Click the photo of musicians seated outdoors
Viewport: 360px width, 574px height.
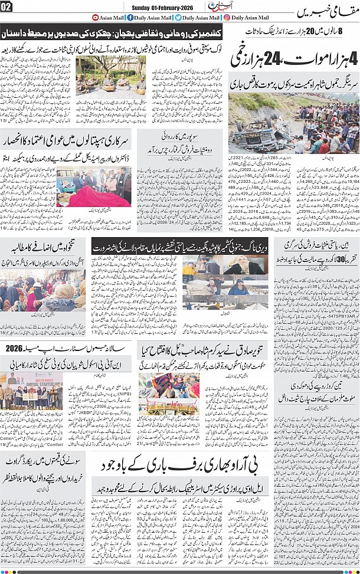[x=110, y=74]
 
